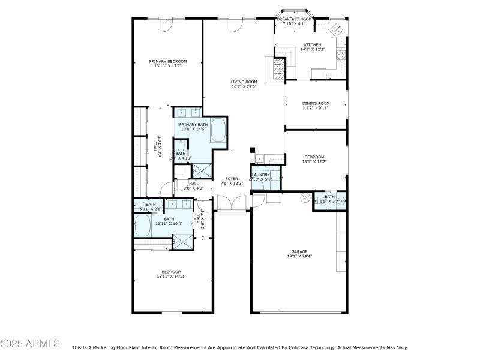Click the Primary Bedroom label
click(x=168, y=61)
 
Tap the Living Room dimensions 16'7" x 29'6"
click(x=244, y=86)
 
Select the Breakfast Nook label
click(x=294, y=19)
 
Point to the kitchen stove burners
click(x=341, y=55)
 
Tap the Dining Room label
click(x=316, y=103)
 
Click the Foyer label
click(x=232, y=178)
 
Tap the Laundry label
click(x=260, y=175)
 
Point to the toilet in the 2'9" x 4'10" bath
click(x=181, y=146)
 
